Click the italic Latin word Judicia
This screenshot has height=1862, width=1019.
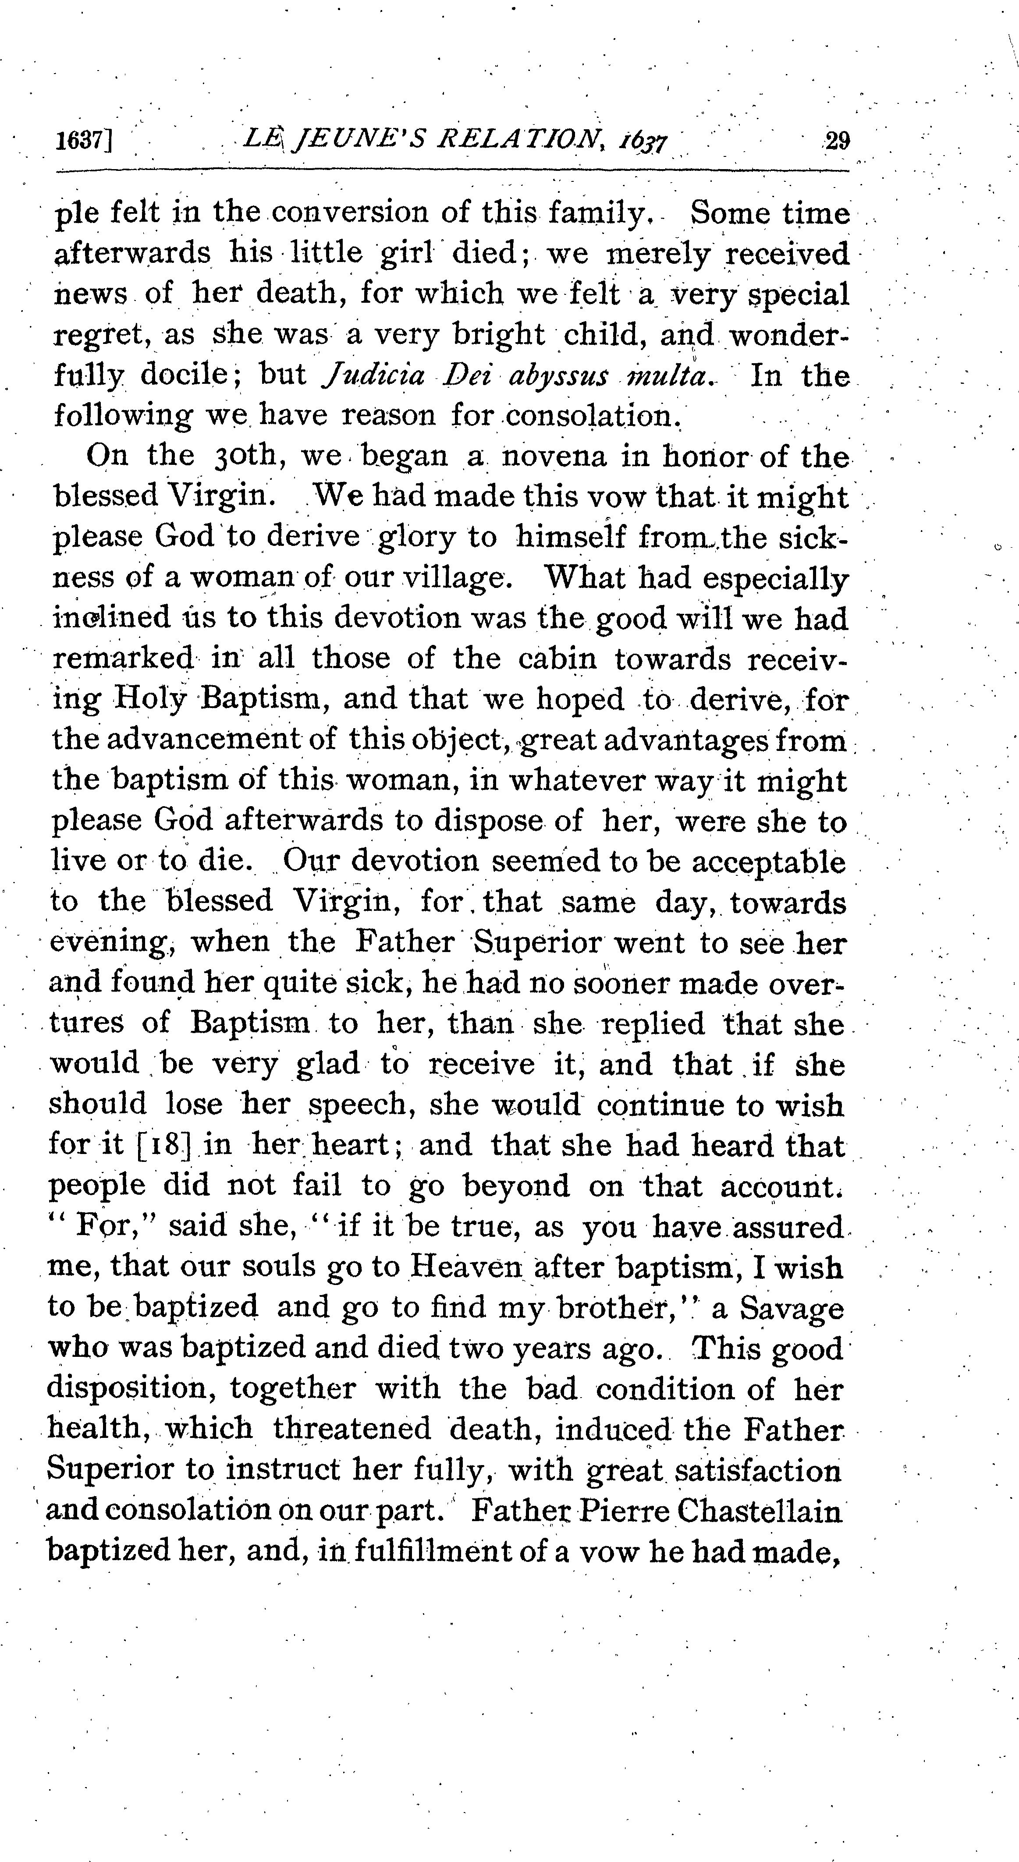pyautogui.click(x=367, y=376)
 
